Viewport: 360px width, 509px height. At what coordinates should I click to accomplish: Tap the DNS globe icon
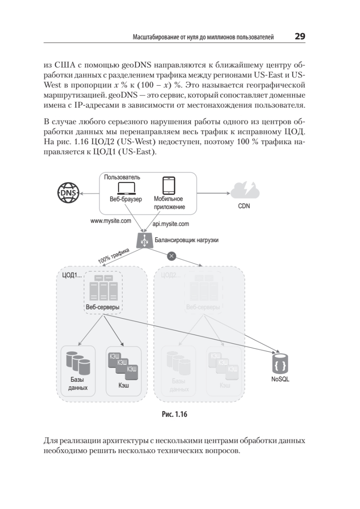coord(68,193)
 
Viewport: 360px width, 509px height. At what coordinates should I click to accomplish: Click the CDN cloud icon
coord(246,190)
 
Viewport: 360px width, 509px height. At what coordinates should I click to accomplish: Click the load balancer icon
coord(144,240)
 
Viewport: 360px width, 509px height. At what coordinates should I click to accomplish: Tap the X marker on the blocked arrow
coord(171,255)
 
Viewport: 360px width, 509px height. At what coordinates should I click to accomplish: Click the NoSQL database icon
coord(280,364)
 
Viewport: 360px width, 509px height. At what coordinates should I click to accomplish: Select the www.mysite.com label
coord(111,221)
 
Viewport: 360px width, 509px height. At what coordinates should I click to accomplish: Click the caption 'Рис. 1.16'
coord(174,414)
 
